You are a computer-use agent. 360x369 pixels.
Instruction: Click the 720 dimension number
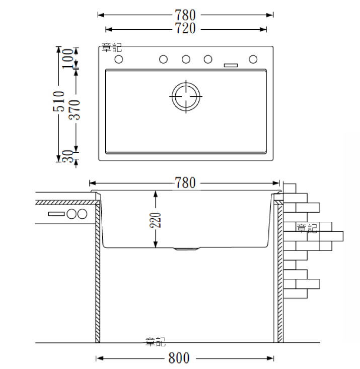coord(185,28)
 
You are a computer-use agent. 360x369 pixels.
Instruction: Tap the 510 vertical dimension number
coord(58,101)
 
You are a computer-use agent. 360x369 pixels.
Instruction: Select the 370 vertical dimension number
coord(75,110)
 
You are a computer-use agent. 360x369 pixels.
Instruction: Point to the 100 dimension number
coord(68,58)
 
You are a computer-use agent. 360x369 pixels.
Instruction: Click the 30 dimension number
coord(68,156)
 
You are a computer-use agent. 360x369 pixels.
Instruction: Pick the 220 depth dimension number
coord(155,220)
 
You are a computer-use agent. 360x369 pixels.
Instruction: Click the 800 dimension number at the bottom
coord(179,358)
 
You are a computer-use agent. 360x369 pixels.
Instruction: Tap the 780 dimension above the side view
coord(185,183)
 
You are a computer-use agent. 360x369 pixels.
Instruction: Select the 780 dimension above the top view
coord(185,15)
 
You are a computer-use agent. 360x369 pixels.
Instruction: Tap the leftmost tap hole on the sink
coord(119,59)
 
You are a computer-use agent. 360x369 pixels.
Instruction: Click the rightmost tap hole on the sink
coord(253,59)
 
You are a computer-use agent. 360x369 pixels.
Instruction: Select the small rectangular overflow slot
coord(231,65)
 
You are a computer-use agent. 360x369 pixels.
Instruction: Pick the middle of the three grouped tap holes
coord(186,59)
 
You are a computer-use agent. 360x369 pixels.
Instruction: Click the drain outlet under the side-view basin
coord(186,249)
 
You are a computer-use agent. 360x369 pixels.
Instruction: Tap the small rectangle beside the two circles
coord(56,214)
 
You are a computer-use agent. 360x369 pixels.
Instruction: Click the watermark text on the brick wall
coord(307,228)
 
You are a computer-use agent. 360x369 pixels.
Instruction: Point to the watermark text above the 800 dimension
coord(156,342)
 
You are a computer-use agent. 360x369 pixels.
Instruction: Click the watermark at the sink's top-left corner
coord(112,47)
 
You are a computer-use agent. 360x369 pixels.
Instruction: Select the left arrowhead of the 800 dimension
coord(100,358)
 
